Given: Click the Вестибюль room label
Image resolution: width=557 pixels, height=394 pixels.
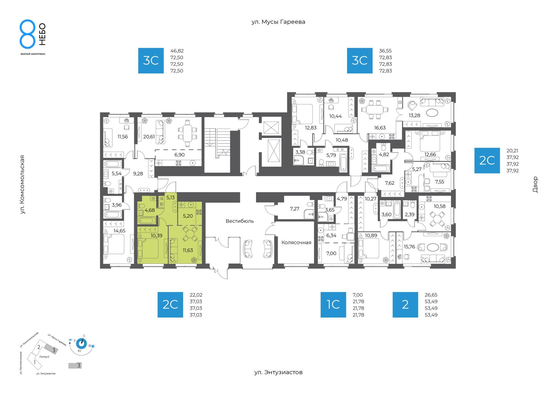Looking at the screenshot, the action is coord(240,221).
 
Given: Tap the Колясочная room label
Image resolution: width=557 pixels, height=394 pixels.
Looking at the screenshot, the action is coord(296,243).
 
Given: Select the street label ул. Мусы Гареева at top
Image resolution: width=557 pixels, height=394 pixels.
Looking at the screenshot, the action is coord(278,22).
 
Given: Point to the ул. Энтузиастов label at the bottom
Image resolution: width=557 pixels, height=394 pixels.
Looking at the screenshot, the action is coord(278,372).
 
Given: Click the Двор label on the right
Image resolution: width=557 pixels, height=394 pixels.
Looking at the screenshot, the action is coord(535,185).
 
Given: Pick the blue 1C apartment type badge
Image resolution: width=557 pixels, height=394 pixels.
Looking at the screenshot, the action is coord(333,305).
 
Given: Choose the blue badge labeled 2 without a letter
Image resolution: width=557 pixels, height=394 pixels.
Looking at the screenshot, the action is coord(405,305).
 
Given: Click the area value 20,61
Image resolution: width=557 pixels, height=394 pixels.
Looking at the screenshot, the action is coord(149,137).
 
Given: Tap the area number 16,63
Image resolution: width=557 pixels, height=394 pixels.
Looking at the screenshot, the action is coord(380,128).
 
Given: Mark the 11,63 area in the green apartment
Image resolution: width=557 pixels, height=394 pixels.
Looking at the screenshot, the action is coord(188,250).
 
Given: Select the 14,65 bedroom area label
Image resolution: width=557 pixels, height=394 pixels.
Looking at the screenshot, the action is coord(119,231).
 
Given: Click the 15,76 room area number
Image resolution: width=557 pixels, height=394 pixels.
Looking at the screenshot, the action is coord(409,247).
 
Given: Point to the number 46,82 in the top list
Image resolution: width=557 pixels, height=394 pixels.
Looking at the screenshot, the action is coord(177,51).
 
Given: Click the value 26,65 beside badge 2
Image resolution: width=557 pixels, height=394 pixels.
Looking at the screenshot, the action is coord(431,295).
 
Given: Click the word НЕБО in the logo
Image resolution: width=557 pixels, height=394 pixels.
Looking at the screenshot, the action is coord(42,34).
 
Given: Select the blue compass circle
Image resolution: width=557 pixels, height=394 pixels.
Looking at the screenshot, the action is coord(81,344).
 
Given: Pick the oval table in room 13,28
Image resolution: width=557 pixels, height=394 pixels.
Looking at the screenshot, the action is coord(432,113).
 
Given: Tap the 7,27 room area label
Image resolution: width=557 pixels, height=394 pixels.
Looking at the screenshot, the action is coord(294,209).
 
